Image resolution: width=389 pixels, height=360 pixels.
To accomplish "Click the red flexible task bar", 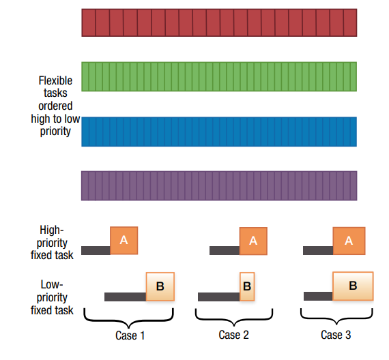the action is (219, 22).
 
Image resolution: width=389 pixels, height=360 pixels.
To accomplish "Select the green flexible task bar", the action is (219, 76).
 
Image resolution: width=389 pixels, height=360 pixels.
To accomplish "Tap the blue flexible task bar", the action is (219, 132).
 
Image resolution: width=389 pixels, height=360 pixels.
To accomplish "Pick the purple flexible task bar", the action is (219, 185).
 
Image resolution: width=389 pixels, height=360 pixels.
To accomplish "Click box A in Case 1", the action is (124, 241).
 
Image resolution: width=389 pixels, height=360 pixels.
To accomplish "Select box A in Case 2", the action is (253, 241).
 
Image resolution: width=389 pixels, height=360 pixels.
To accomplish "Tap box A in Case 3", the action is (349, 241).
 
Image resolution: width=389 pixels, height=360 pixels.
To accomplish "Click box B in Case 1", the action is (160, 286).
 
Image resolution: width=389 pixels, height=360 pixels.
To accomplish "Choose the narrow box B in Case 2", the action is (247, 286).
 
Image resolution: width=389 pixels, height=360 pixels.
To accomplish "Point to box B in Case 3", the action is (353, 286).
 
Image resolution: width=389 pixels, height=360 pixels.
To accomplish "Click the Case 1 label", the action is (130, 335).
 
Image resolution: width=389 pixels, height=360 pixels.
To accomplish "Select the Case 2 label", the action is (233, 335).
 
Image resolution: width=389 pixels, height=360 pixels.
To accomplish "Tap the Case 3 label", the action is (336, 335).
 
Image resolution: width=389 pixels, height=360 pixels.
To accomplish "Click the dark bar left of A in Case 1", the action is (96, 250).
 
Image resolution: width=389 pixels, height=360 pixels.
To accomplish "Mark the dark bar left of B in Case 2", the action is (219, 297).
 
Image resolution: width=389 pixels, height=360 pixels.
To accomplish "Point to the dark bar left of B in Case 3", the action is (318, 297).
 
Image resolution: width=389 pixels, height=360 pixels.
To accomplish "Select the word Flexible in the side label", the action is (55, 81).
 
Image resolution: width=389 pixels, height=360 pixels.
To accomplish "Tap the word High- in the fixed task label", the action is (52, 230).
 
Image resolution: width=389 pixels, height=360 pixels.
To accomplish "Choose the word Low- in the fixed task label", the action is (52, 284).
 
